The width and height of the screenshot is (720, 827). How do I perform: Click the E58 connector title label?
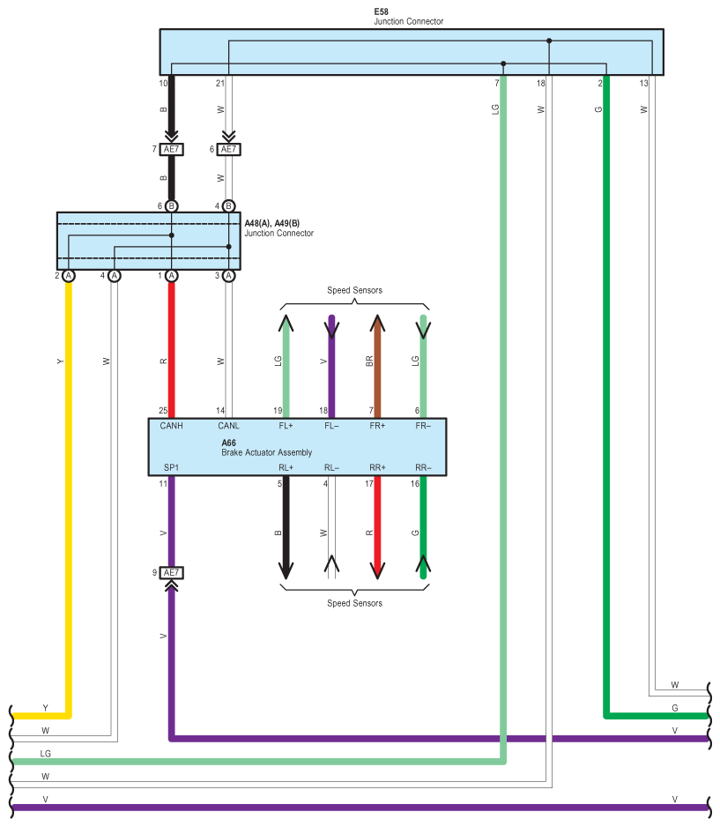[381, 11]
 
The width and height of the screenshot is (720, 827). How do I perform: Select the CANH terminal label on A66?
[171, 426]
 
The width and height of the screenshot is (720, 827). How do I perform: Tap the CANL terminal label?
[228, 426]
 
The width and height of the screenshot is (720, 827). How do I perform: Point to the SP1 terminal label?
[171, 467]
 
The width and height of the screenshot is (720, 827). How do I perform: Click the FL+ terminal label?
[286, 426]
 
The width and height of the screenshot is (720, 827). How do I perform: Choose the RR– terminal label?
[423, 467]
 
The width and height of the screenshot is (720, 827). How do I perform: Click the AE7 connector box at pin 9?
[171, 573]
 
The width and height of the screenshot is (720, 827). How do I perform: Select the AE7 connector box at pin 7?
[171, 149]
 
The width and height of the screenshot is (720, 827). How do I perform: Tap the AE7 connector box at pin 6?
[228, 149]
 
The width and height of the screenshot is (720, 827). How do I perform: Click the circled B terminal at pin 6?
[171, 206]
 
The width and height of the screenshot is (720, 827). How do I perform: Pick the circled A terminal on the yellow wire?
[69, 276]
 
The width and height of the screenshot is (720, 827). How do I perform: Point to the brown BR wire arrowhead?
[377, 323]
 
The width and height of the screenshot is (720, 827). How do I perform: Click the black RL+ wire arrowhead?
[286, 570]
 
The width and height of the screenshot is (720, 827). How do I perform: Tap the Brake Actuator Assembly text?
[267, 452]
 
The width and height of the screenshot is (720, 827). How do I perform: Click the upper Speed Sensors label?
[354, 290]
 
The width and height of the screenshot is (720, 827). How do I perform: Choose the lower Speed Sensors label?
[354, 603]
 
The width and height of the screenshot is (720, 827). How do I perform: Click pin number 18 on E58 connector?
[541, 84]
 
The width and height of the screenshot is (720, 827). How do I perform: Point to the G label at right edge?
[675, 708]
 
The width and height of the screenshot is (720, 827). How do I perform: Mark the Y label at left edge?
[45, 708]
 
